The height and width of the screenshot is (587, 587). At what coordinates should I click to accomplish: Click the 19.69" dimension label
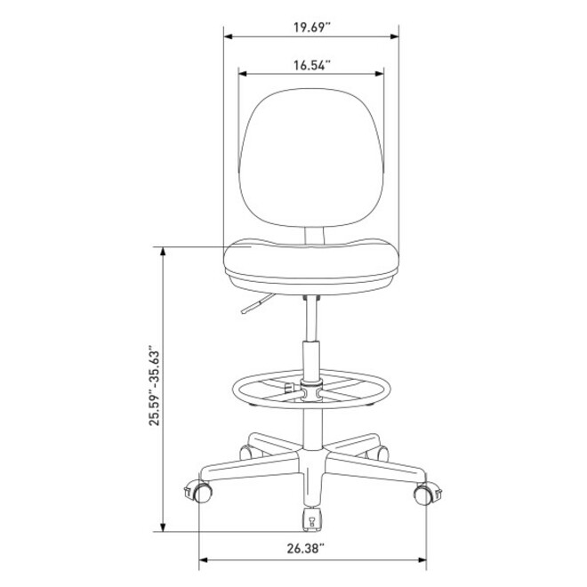click(x=311, y=28)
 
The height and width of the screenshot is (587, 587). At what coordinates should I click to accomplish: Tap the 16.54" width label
click(x=312, y=65)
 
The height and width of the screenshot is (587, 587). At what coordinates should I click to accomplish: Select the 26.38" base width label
click(x=305, y=549)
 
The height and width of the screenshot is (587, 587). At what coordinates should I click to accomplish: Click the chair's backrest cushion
click(x=310, y=157)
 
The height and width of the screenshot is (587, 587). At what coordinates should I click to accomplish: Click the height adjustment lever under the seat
click(x=256, y=304)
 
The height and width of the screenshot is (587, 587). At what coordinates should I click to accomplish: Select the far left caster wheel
click(x=199, y=492)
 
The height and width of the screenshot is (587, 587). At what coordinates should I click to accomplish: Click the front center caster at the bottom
click(x=312, y=519)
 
